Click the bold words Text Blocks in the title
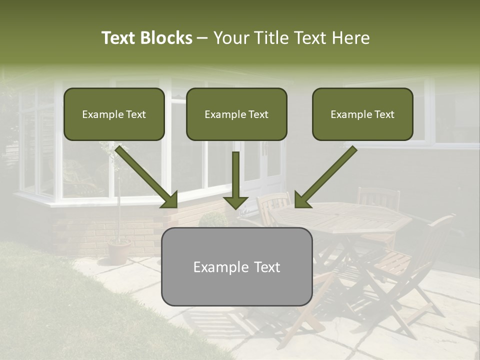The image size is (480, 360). coord(147,38)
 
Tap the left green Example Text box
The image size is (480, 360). coord(114,114)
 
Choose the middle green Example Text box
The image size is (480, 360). coord(236,114)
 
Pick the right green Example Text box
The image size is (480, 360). coord(362,114)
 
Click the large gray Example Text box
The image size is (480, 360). coord(236,267)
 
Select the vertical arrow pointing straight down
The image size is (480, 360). coord(235,180)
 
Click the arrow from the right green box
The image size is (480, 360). coord(325,177)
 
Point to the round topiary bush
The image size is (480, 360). coord(213,219)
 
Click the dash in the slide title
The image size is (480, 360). coord(202,38)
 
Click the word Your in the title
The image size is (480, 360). coord(230,38)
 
